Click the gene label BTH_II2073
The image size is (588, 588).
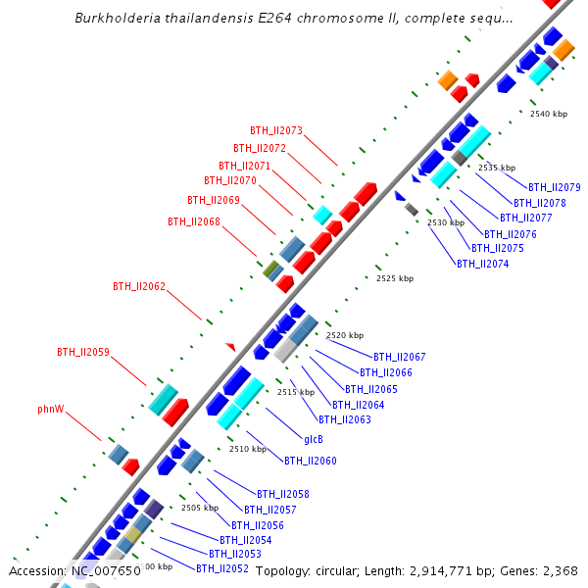click(x=276, y=130)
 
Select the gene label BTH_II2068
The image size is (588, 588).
click(x=194, y=221)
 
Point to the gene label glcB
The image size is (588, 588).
click(x=314, y=439)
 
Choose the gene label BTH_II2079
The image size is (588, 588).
click(x=555, y=187)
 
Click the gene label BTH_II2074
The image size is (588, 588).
click(x=483, y=264)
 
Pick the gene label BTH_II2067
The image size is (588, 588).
click(x=400, y=357)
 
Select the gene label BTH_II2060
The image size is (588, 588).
click(x=311, y=461)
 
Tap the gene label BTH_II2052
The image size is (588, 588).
click(x=222, y=568)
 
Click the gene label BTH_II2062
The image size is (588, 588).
click(x=139, y=286)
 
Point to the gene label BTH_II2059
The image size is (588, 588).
click(x=83, y=351)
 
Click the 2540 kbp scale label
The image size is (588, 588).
click(x=549, y=115)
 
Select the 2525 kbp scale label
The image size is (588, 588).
click(x=395, y=279)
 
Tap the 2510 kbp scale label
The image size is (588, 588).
click(x=248, y=449)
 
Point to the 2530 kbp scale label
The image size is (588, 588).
click(x=446, y=223)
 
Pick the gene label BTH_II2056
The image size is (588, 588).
click(x=258, y=525)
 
